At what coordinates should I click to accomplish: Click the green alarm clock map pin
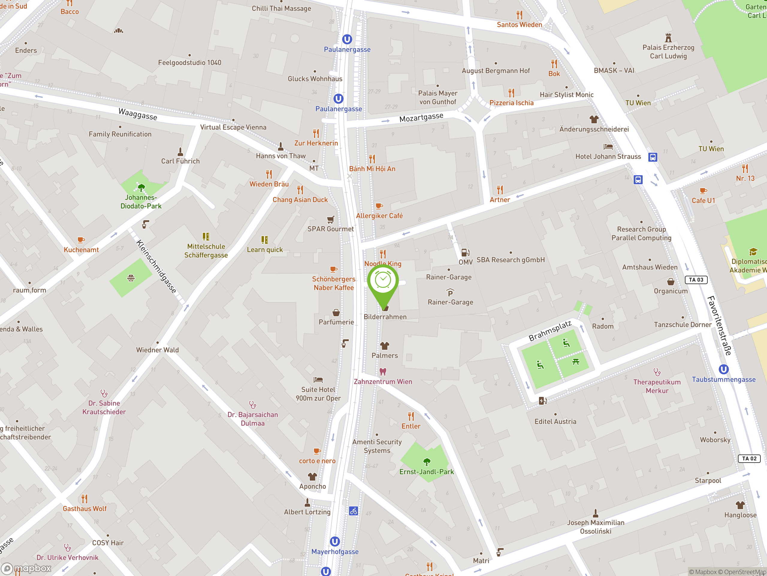point(383,281)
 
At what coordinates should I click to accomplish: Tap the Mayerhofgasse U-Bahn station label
point(335,552)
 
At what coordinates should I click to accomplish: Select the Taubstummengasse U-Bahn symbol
point(723,369)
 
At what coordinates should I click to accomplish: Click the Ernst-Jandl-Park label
point(427,472)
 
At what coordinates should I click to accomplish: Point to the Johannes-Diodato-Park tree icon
point(141,188)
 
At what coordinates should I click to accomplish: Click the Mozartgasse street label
point(421,117)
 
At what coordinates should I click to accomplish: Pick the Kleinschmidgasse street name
point(156,266)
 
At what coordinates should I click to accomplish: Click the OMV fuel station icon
point(465,252)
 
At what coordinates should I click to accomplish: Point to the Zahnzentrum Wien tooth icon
point(383,372)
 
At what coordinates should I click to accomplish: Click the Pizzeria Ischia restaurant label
point(511,103)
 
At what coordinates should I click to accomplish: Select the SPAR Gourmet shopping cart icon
point(330,219)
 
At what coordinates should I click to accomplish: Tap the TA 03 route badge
point(696,280)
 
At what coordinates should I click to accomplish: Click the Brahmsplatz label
point(550,331)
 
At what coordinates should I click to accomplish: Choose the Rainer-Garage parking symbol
point(450,293)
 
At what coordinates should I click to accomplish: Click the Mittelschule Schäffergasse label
point(206,251)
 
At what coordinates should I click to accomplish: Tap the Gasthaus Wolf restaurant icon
point(84,499)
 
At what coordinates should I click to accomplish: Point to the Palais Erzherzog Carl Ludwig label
point(668,52)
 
